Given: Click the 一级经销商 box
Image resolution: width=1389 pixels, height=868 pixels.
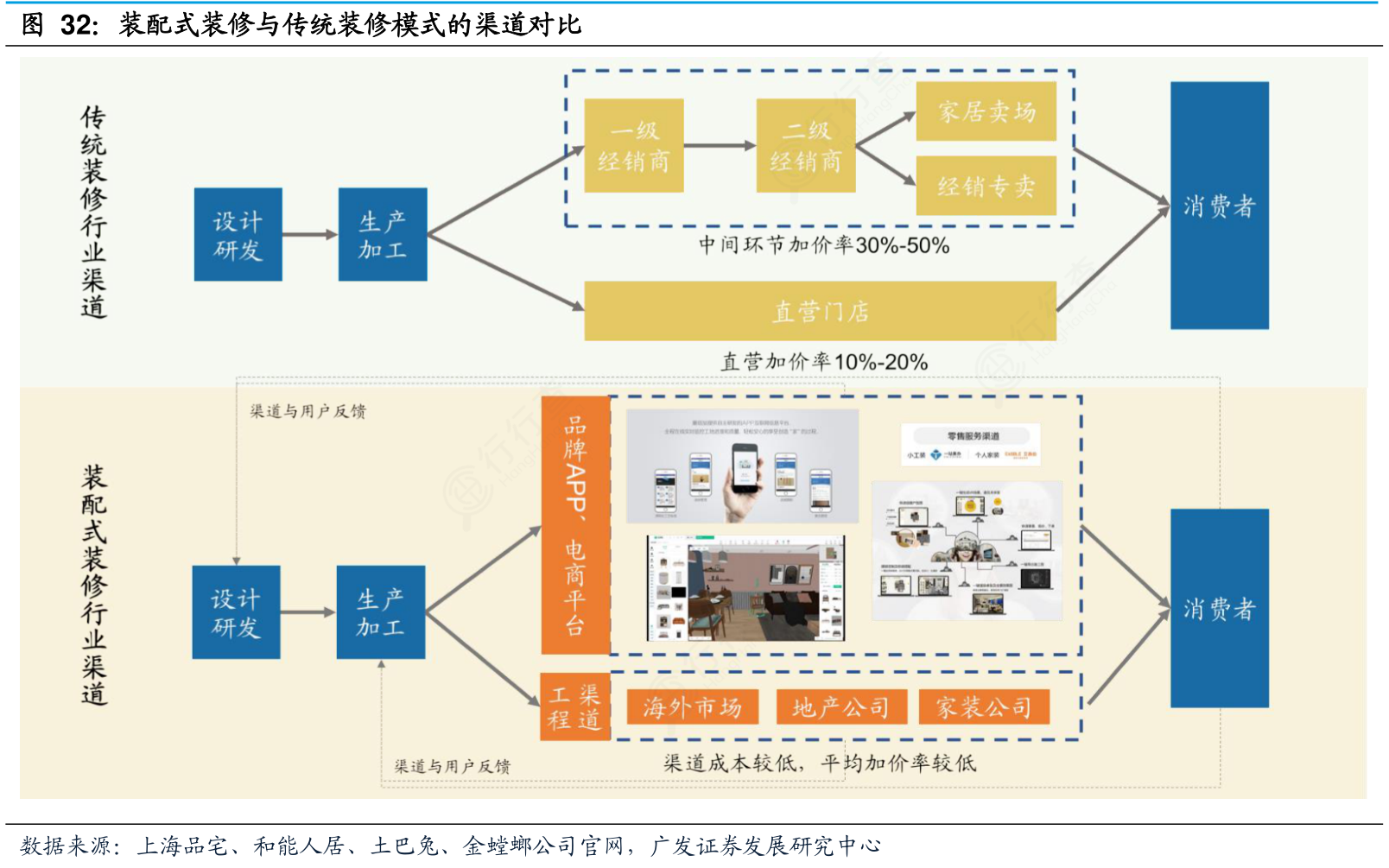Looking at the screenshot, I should [x=633, y=145].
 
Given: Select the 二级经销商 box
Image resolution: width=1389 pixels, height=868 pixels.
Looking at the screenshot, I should [x=805, y=145].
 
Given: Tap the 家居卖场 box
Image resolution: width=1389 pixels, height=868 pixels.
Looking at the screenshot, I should [x=986, y=111].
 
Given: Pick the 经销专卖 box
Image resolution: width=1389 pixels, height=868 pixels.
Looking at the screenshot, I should [x=986, y=186].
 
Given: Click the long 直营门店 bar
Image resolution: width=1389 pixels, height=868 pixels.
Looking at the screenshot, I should [x=820, y=311].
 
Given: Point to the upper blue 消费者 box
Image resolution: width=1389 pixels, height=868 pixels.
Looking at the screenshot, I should [x=1219, y=206].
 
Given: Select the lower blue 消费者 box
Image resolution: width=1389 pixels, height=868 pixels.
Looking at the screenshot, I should [x=1219, y=608].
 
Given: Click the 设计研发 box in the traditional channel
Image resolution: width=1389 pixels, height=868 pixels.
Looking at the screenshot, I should [x=238, y=235].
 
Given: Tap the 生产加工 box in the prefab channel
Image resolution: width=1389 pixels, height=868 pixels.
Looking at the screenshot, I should [x=380, y=612].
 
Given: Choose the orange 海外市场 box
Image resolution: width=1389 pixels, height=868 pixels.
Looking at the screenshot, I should [x=692, y=707].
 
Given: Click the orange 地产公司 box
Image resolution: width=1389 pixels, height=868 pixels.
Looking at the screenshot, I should [x=840, y=707].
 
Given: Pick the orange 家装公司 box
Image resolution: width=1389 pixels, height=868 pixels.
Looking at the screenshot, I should [x=983, y=707].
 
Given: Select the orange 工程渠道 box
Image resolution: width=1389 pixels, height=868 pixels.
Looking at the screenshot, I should [x=574, y=707].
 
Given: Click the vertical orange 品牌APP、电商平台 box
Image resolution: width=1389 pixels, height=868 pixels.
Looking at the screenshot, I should [x=575, y=525].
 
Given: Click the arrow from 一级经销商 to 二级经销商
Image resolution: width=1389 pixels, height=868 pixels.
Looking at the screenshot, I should [x=719, y=146].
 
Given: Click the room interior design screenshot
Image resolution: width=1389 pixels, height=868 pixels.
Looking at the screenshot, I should [x=745, y=587].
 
